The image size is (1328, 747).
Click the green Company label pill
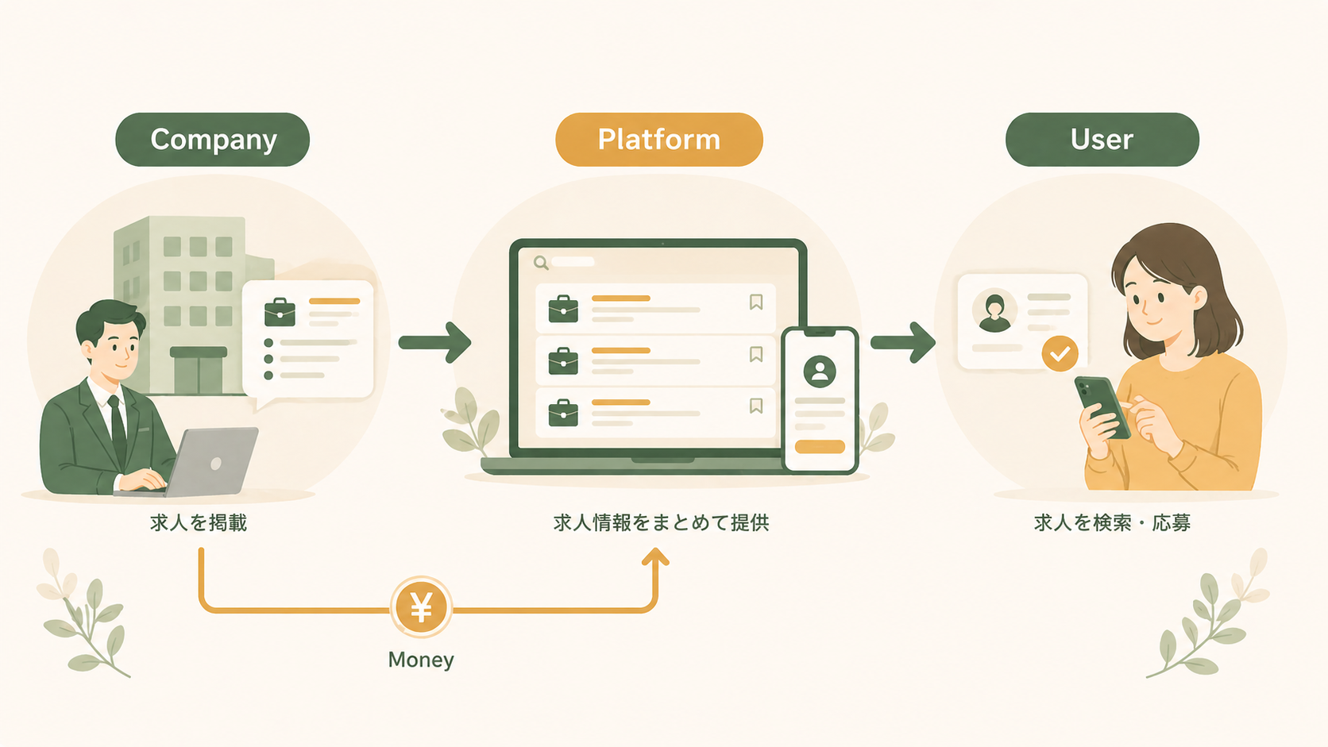pos(212,140)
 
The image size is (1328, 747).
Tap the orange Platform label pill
pos(658,140)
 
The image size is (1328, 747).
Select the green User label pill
pos(1102,140)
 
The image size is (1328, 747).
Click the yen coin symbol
pos(421,608)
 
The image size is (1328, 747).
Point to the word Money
pos(421,660)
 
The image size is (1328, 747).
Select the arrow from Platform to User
pos(903,342)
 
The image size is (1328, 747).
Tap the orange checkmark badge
pos(1060,353)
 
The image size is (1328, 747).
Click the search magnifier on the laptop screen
pos(541,263)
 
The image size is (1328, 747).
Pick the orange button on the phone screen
pos(820,447)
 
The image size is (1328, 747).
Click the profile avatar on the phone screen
pos(820,371)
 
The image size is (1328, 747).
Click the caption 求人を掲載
pos(199,522)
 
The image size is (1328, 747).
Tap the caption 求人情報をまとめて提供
pos(661,522)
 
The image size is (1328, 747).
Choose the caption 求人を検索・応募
pos(1112,522)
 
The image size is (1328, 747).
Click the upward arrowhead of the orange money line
pos(655,557)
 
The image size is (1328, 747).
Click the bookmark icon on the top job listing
pos(756,302)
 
